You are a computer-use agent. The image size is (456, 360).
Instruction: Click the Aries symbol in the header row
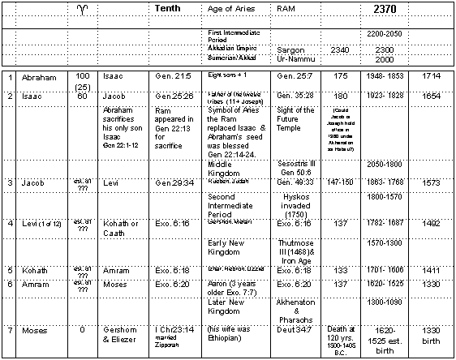point(83,9)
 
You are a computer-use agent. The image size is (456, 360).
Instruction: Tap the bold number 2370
point(385,8)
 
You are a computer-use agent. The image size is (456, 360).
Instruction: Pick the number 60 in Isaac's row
point(83,96)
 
